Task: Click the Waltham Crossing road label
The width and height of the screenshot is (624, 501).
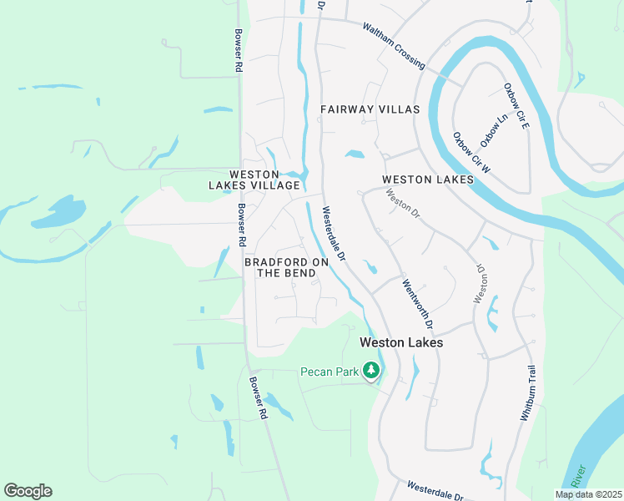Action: tap(394, 45)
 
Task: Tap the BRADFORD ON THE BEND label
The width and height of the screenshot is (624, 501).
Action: tap(286, 267)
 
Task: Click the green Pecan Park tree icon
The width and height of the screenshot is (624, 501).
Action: tap(370, 370)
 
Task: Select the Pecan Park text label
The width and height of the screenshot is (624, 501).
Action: tap(329, 371)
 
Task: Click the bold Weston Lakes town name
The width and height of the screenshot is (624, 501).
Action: tap(400, 342)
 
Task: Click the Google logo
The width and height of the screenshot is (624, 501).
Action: tap(28, 491)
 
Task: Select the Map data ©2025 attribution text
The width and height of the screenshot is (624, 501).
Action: tap(587, 494)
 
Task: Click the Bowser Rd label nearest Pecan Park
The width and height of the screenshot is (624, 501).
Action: tap(259, 397)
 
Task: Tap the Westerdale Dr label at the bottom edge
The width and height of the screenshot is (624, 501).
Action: tap(440, 490)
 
